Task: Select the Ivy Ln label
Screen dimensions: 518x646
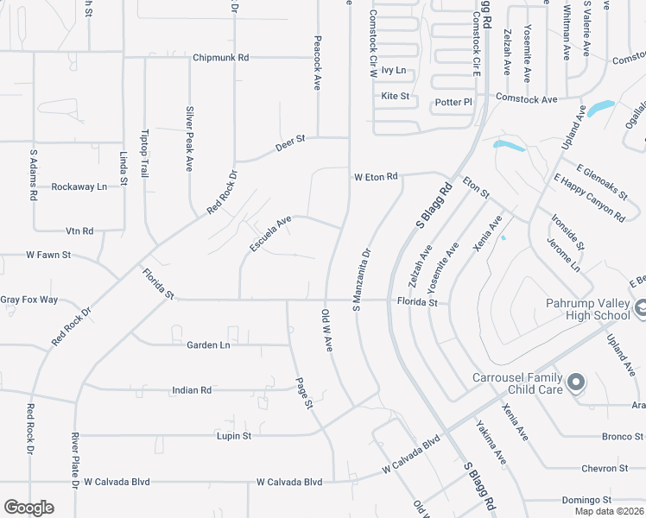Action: pyautogui.click(x=394, y=71)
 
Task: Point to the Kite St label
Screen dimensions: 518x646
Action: pyautogui.click(x=395, y=96)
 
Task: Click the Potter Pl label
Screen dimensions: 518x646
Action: pyautogui.click(x=453, y=102)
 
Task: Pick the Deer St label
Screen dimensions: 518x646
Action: pyautogui.click(x=291, y=142)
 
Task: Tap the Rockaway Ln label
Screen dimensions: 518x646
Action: pyautogui.click(x=79, y=186)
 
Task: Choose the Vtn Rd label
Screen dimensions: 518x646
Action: pyautogui.click(x=79, y=231)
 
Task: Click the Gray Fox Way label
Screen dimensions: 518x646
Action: pyautogui.click(x=28, y=300)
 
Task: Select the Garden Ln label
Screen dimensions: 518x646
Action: pyautogui.click(x=208, y=345)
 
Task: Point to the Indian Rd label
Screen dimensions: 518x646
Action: pyautogui.click(x=192, y=390)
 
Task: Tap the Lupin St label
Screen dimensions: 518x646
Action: pyautogui.click(x=233, y=436)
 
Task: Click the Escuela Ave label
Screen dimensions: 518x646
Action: pyautogui.click(x=270, y=234)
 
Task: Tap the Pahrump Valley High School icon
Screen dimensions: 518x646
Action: pyautogui.click(x=640, y=307)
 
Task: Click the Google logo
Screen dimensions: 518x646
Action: pyautogui.click(x=28, y=508)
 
